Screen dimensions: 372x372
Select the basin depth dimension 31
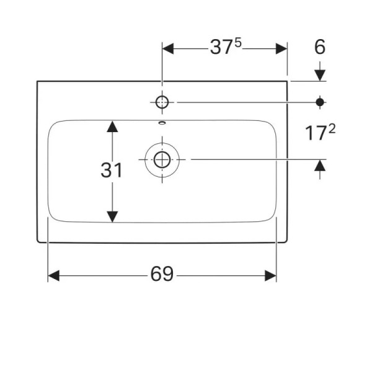[x=112, y=170]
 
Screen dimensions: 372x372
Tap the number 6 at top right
[x=319, y=47]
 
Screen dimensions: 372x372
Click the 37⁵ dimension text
[x=224, y=48]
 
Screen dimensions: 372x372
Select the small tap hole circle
[x=162, y=102]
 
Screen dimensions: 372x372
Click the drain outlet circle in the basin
[x=162, y=159]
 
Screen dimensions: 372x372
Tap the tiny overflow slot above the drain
[x=162, y=123]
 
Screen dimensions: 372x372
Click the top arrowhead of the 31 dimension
[x=112, y=126]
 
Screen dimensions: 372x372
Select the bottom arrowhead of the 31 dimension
[x=112, y=216]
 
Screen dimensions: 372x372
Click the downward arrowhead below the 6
[x=320, y=75]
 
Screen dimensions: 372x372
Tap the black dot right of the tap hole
[x=320, y=102]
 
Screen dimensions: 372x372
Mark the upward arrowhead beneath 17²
[x=320, y=165]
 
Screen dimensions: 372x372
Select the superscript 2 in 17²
[x=334, y=128]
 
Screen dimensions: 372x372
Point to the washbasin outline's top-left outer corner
[x=37, y=81]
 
